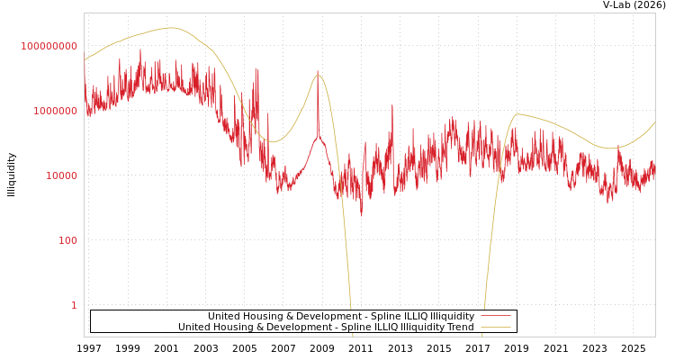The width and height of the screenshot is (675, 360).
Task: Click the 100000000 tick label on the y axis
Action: pyautogui.click(x=49, y=46)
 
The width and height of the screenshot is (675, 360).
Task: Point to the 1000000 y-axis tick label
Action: pyautogui.click(x=56, y=111)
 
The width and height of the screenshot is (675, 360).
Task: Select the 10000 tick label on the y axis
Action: pyautogui.click(x=62, y=175)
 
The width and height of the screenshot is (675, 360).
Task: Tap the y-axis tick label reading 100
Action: pyautogui.click(x=68, y=240)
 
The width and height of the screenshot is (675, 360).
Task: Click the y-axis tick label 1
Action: pyautogui.click(x=74, y=305)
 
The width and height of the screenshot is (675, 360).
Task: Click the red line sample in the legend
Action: pyautogui.click(x=495, y=316)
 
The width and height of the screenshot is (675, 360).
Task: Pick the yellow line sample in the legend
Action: pyautogui.click(x=495, y=327)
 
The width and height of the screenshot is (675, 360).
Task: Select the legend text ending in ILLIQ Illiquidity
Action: pyautogui.click(x=341, y=316)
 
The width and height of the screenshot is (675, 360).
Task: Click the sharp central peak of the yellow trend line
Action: pyautogui.click(x=318, y=75)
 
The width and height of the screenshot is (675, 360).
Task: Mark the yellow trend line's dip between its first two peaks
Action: pyautogui.click(x=274, y=141)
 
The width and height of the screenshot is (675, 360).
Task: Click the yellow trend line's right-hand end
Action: pyautogui.click(x=654, y=122)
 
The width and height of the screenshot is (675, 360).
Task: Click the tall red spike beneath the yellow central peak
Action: pyautogui.click(x=317, y=72)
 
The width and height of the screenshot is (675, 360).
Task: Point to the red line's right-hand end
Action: pyautogui.click(x=654, y=166)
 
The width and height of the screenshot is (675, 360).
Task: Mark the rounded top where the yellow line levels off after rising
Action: pyautogui.click(x=517, y=114)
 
